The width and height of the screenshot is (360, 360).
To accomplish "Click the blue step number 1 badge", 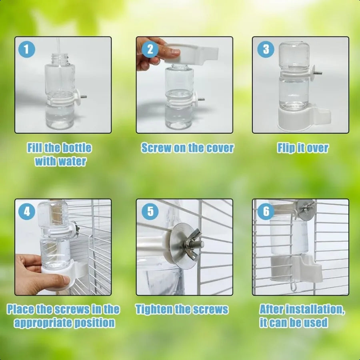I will pyautogui.click(x=27, y=50).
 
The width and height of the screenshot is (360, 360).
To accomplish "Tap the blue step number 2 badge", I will pyautogui.click(x=150, y=49).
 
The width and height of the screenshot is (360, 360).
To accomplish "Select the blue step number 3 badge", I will pyautogui.click(x=266, y=50).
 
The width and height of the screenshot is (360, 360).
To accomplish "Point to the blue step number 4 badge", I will pyautogui.click(x=27, y=212).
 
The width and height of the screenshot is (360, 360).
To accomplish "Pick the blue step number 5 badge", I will pyautogui.click(x=150, y=212).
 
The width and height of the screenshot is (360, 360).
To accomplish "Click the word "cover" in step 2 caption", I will pyautogui.click(x=220, y=148).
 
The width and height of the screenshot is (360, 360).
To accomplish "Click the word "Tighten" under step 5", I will pyautogui.click(x=156, y=309).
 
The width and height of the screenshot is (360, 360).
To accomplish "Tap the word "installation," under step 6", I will pyautogui.click(x=311, y=309).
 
